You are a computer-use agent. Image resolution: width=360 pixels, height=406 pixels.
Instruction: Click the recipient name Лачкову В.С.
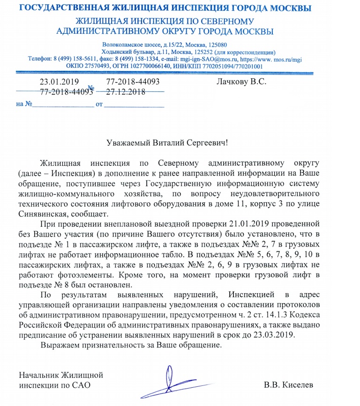pyautogui.click(x=241, y=82)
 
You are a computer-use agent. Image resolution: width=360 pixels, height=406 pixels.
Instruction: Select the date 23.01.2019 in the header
pyautogui.click(x=59, y=82)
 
